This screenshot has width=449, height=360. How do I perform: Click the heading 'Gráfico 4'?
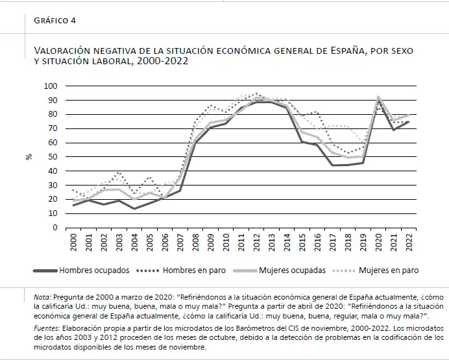click(55, 21)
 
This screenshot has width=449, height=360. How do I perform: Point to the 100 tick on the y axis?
click(51, 86)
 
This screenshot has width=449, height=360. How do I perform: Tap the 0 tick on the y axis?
click(55, 228)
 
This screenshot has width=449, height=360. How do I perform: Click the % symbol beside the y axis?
click(30, 157)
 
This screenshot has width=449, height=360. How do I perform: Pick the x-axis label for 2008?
click(195, 243)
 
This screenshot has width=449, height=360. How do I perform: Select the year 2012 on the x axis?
click(255, 243)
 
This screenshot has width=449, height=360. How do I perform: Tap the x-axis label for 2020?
click(378, 243)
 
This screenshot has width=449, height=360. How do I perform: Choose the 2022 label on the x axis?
click(408, 243)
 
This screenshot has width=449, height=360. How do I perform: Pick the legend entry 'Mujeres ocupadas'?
click(292, 270)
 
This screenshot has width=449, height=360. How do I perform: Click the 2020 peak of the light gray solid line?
click(378, 97)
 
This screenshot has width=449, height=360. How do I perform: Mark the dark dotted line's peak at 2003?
click(118, 173)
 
